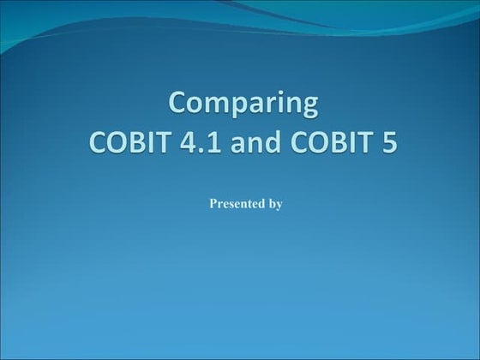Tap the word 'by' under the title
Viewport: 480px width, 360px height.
[x=276, y=204]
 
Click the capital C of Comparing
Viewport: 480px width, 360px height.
[x=177, y=105]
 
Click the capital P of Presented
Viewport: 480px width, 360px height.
[x=213, y=204]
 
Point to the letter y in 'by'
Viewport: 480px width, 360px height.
[x=279, y=206]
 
